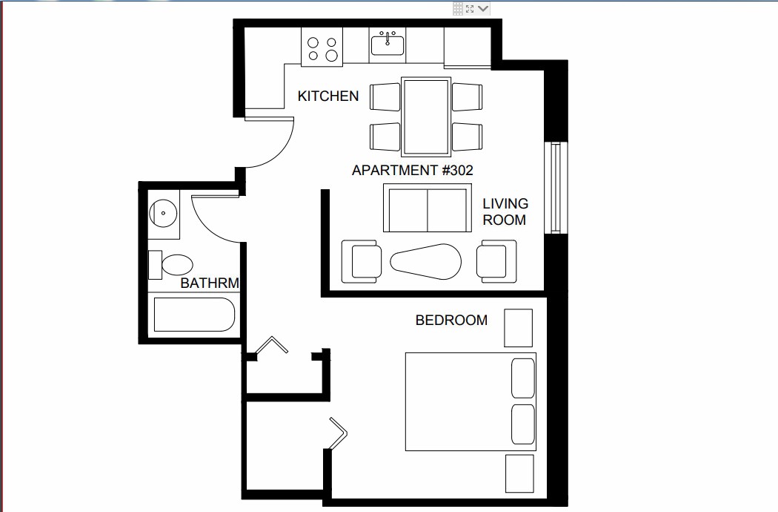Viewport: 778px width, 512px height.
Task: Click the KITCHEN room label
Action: (x=328, y=96)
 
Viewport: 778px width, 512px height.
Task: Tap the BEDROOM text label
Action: (x=451, y=321)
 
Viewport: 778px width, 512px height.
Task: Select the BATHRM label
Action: (x=210, y=283)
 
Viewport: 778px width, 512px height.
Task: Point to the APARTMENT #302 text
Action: (x=412, y=170)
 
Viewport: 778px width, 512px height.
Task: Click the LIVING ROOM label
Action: (x=505, y=211)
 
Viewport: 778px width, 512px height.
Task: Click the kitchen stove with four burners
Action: (x=322, y=49)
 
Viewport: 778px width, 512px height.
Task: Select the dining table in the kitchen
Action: (x=426, y=116)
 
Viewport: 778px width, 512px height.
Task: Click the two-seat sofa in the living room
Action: (x=427, y=209)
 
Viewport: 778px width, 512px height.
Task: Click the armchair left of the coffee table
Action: (x=361, y=261)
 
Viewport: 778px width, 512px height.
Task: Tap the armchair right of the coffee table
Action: (x=496, y=261)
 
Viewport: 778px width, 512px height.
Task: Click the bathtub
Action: (x=193, y=315)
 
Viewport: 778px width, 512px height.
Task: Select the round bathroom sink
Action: (x=163, y=214)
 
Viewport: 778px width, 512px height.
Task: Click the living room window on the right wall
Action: (x=553, y=187)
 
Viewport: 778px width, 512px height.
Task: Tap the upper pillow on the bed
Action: (x=523, y=378)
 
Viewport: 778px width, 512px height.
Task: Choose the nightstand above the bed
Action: (x=518, y=327)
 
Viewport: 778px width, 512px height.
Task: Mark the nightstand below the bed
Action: (x=519, y=473)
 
